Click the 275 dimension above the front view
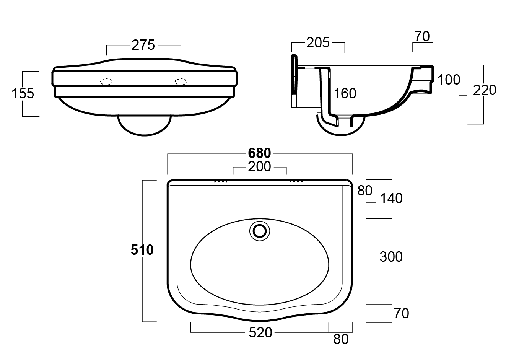coord(143,45)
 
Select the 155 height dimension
coord(23,93)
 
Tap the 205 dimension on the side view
coord(317,43)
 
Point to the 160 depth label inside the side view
coord(345,93)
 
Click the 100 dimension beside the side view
coord(449,80)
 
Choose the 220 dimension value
coord(485,90)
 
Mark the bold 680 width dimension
coord(259,153)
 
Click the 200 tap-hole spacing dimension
coord(259,167)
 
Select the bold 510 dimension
coord(142,250)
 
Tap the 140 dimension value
coord(391,198)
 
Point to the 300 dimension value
coord(391,257)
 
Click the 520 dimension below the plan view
coord(260,333)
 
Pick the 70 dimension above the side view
coord(422,37)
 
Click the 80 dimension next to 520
coord(341,339)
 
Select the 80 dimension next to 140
coord(364,190)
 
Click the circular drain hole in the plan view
coord(260,231)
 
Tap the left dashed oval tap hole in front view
coord(106,81)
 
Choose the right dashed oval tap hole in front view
coord(181,81)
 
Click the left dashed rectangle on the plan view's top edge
coord(221,183)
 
